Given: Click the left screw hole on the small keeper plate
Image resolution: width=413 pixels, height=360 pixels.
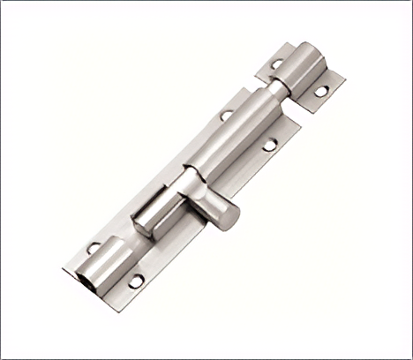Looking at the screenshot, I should (276, 64).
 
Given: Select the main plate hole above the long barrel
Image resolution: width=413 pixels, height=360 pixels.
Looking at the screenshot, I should (227, 115).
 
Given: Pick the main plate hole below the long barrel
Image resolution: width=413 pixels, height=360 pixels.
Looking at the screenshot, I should (270, 142).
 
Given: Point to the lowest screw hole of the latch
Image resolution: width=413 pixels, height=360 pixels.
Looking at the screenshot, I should (136, 281).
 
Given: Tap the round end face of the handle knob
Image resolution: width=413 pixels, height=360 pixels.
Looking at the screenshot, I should (228, 217).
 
